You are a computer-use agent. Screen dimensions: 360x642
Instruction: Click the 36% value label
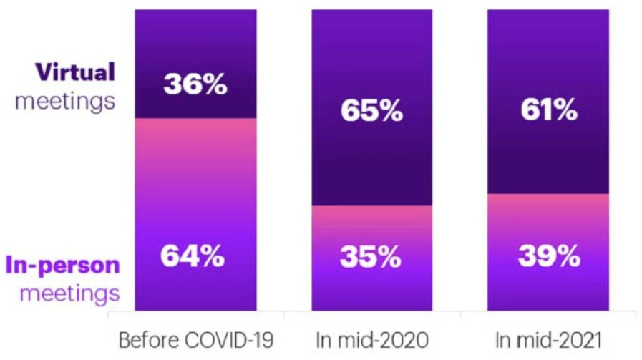195,85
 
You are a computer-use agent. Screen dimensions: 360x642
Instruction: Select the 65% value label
371,113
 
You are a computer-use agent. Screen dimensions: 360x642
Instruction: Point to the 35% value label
371,256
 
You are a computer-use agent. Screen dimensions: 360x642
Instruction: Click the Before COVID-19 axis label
195,338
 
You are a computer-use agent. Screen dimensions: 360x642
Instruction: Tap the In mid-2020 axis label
371,338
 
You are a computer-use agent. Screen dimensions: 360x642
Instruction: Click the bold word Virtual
76,72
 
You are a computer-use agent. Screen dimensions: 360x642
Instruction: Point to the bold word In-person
63,265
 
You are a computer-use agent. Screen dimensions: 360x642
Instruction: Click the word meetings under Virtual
65,100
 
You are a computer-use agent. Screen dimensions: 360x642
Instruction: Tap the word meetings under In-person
69,293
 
